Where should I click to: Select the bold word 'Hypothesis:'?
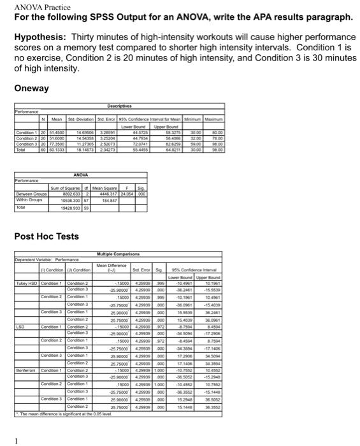pyautogui.click(x=42, y=38)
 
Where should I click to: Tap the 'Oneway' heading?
pyautogui.click(x=34, y=89)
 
